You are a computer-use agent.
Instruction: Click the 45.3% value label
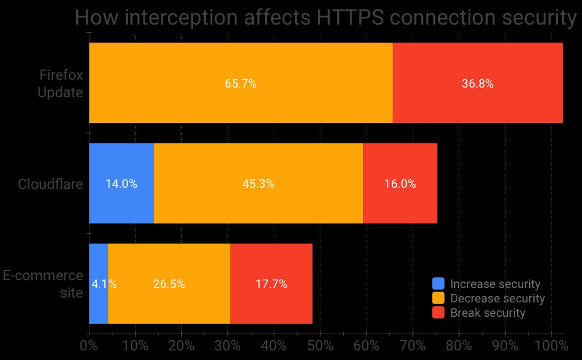point(259,184)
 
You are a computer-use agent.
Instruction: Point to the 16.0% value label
point(400,184)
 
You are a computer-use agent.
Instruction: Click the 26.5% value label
point(169,284)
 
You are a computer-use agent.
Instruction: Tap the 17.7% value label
point(271,284)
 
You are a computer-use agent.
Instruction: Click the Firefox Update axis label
point(61,84)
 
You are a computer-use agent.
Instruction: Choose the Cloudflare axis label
point(50,184)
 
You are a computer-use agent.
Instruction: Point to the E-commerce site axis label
point(43,284)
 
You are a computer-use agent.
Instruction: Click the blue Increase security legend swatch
point(439,284)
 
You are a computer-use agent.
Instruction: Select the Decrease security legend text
point(497,298)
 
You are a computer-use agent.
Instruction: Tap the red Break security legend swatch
point(439,313)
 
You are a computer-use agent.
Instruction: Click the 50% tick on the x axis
point(320,346)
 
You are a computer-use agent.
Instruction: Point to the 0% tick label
point(89,346)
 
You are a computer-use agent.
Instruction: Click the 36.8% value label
point(478,84)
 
